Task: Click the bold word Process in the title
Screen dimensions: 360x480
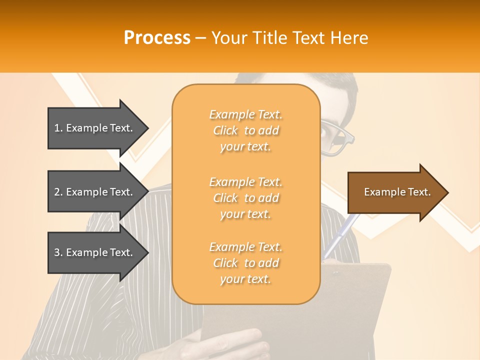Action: (157, 38)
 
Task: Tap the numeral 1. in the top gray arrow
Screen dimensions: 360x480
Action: (58, 128)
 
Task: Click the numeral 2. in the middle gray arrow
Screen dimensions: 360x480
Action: (58, 192)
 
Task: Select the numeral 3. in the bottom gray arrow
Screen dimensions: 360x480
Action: (58, 252)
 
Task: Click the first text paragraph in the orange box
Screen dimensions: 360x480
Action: (246, 130)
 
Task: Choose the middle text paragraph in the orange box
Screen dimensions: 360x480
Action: (246, 198)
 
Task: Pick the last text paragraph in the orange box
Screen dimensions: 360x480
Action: (246, 263)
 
